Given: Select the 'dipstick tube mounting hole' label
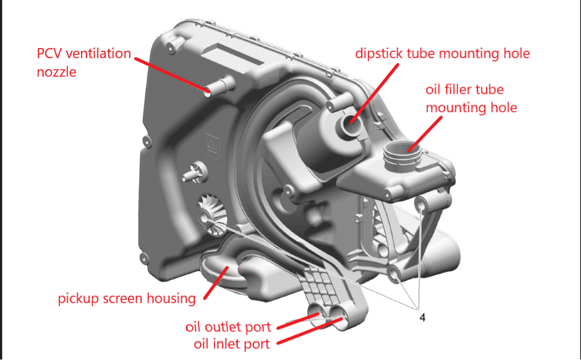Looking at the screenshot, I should (442, 53).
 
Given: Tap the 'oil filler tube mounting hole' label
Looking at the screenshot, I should (471, 98).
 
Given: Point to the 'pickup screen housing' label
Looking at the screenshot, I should (127, 299).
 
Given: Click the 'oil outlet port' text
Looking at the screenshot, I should (228, 327).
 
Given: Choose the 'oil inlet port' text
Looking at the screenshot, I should (231, 344).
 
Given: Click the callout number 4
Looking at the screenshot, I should (422, 318).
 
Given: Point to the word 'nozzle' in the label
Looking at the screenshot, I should (56, 71).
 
